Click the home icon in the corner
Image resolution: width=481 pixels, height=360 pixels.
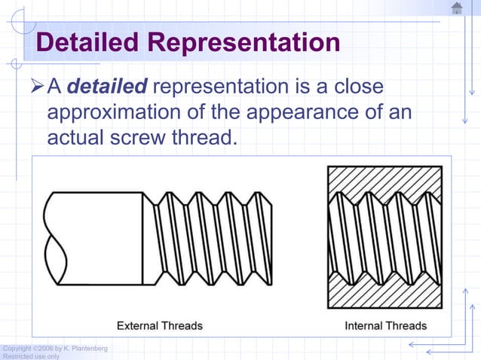pos(457,8)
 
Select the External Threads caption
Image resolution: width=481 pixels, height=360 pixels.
pos(159,326)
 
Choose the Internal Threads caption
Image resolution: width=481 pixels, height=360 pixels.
pos(385,326)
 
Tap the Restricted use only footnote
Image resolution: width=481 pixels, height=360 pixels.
pos(31,356)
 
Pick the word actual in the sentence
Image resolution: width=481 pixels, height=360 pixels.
pos(76,138)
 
